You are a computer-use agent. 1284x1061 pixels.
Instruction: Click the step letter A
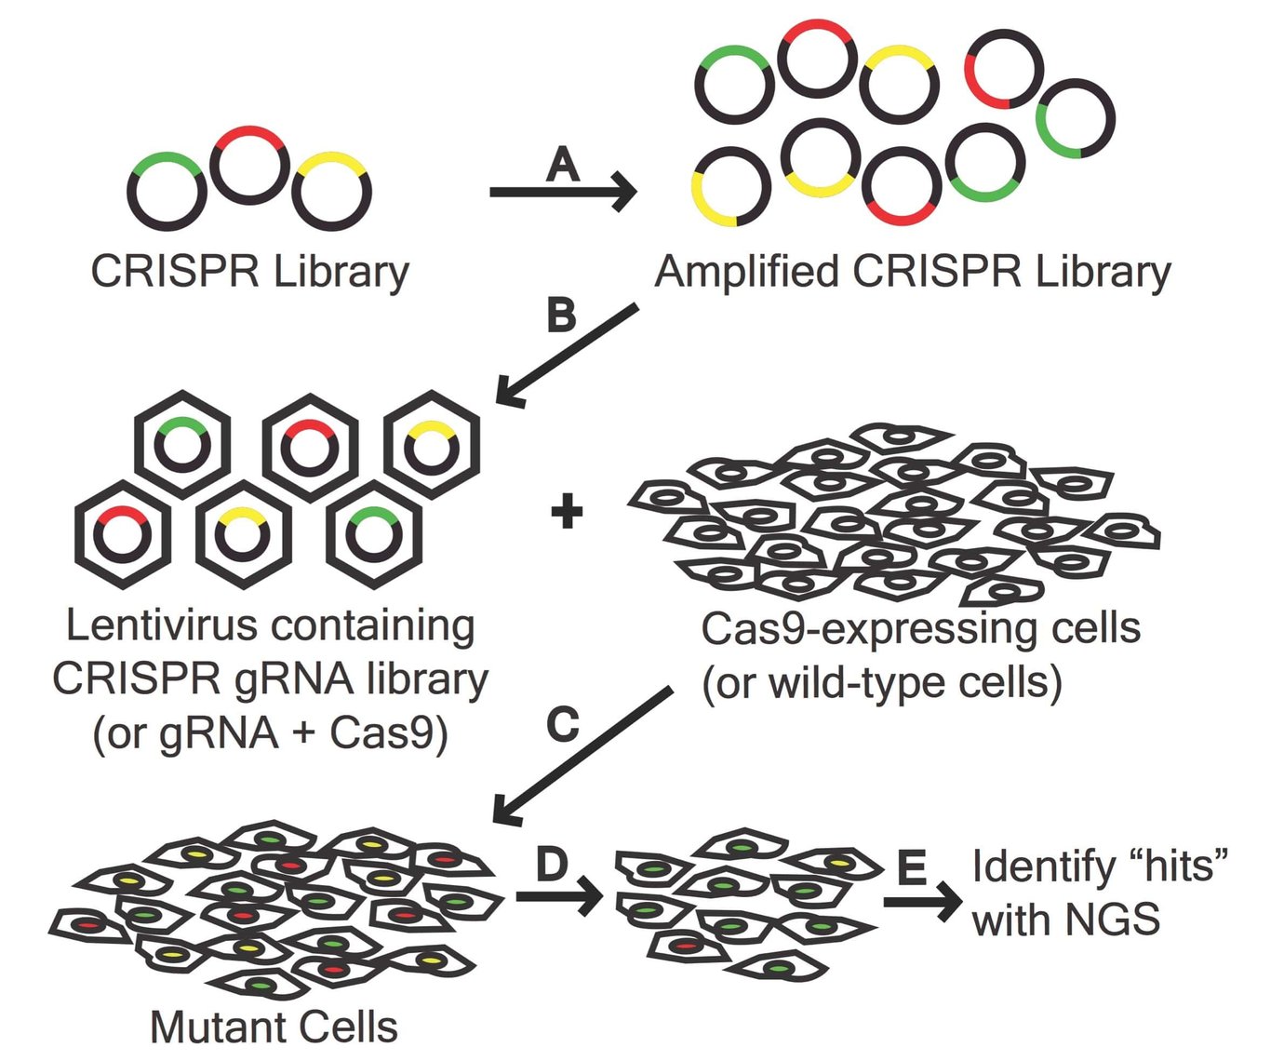563,165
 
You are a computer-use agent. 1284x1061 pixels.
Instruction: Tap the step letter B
561,316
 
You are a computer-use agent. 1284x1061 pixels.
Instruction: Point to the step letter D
552,865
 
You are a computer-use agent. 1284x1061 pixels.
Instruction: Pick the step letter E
912,867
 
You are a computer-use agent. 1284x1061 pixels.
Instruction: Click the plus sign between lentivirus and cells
567,512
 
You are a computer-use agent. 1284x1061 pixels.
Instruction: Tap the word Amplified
746,272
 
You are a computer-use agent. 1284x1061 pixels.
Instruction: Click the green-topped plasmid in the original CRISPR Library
167,191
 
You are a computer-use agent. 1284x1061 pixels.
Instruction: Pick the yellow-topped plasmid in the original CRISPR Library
331,193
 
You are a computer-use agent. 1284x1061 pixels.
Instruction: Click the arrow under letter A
563,193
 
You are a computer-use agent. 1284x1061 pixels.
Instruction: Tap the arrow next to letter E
922,901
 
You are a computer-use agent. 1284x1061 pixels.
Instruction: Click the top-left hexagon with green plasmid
182,445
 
